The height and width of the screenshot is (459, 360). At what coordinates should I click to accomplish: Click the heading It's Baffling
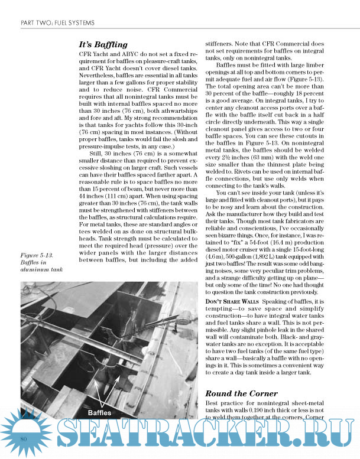[103, 44]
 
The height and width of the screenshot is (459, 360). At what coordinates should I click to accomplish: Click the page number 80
[25, 439]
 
